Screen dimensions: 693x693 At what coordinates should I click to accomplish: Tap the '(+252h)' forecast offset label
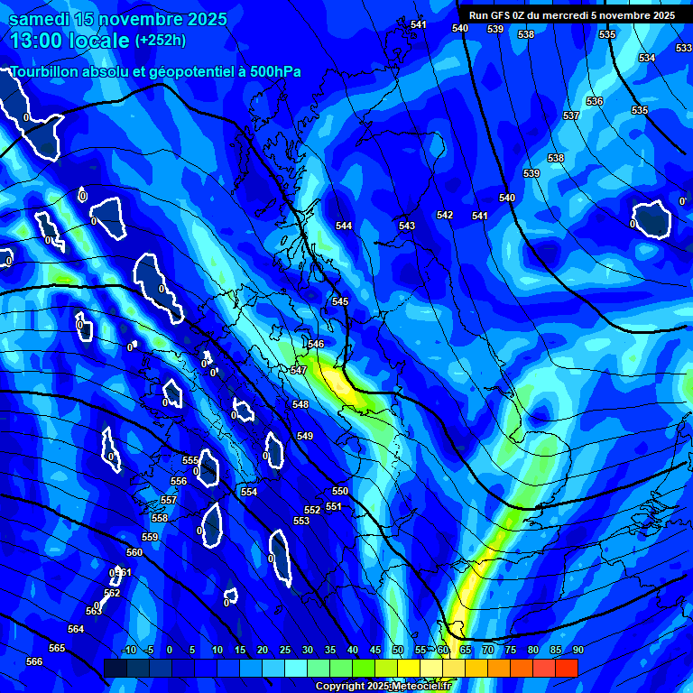pyautogui.click(x=161, y=40)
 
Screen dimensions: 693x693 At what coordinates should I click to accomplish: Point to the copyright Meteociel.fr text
pyautogui.click(x=383, y=687)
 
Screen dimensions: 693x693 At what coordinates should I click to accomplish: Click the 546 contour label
pyautogui.click(x=316, y=344)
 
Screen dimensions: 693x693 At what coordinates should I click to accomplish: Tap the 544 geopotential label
pyautogui.click(x=344, y=226)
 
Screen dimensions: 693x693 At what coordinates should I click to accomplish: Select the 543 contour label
pyautogui.click(x=407, y=226)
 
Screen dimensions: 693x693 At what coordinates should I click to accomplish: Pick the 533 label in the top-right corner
pyautogui.click(x=684, y=48)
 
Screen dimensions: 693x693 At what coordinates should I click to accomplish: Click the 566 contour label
pyautogui.click(x=34, y=661)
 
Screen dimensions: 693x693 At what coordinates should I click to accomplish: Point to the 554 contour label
pyautogui.click(x=249, y=492)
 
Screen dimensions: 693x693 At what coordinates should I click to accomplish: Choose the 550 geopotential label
pyautogui.click(x=340, y=491)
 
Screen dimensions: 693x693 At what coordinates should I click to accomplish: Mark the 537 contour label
pyautogui.click(x=570, y=116)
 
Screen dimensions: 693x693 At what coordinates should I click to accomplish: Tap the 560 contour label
pyautogui.click(x=134, y=552)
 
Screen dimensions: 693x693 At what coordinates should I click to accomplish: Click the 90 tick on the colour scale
pyautogui.click(x=577, y=650)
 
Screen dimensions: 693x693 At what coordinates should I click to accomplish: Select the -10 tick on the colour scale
pyautogui.click(x=128, y=650)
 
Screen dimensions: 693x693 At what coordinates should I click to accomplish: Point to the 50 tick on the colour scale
pyautogui.click(x=398, y=650)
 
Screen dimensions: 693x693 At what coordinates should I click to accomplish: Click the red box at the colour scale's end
pyautogui.click(x=566, y=668)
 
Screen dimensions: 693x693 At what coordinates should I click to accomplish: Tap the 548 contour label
pyautogui.click(x=300, y=404)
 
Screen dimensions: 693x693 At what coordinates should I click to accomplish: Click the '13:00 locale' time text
pyautogui.click(x=69, y=41)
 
